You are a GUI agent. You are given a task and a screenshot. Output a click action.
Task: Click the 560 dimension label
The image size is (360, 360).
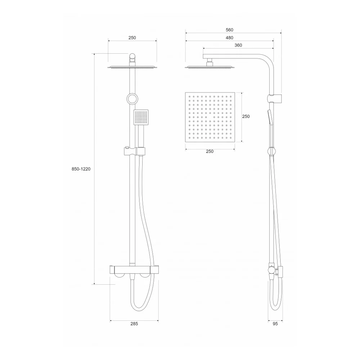229,30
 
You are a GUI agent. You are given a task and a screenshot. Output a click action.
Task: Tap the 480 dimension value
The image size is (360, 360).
229,38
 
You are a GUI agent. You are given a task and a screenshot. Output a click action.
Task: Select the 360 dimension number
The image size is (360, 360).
238,45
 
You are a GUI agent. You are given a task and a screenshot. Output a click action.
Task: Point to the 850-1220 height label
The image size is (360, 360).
81,169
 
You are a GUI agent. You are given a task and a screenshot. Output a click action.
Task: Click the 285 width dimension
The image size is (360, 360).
134,324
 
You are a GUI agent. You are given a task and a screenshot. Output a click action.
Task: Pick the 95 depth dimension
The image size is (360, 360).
275,324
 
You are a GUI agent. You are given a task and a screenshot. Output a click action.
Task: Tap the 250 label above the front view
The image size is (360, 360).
132,38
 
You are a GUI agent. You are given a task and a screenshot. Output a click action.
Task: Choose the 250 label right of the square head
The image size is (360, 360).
246,116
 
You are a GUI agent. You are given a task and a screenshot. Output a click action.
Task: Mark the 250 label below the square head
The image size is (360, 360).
210,151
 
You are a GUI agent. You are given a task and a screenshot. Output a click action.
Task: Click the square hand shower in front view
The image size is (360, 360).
141,117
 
